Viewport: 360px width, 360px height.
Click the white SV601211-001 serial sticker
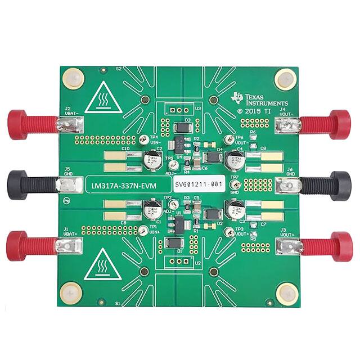pos(198,184)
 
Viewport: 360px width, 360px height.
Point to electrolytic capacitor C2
pos(152,162)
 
